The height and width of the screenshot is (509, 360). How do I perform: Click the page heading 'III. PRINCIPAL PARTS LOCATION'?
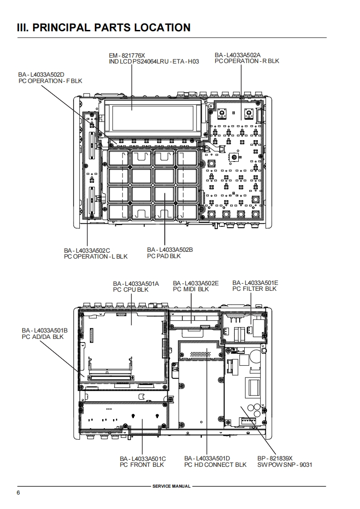coord(104,28)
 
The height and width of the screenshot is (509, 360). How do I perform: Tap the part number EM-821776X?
coord(127,55)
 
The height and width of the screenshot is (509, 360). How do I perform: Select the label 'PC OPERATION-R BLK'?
coord(247,61)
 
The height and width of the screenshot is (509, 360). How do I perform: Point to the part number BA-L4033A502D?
coord(41,75)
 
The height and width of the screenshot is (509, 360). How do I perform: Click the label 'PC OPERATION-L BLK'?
coord(96,256)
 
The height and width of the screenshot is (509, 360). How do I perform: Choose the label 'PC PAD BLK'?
coord(164,256)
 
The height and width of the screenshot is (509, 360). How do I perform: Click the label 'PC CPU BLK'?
coord(131,289)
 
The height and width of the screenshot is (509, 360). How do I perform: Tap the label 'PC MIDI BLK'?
coord(191,289)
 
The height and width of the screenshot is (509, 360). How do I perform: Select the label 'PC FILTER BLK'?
coord(254,289)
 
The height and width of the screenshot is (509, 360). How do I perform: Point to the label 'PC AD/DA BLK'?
coord(43,337)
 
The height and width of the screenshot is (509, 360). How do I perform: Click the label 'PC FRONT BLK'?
coord(142,465)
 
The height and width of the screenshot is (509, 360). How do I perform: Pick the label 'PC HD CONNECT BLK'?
coord(215,465)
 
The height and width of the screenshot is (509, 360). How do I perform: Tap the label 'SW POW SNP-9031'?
coord(285,465)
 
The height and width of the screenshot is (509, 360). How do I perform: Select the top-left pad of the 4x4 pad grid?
coord(119,158)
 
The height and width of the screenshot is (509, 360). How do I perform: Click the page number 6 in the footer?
coord(18,493)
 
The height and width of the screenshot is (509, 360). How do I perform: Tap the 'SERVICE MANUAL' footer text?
coord(171,486)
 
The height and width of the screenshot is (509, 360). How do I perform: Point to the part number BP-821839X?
coord(275,458)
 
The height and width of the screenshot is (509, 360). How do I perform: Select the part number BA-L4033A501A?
coord(136,284)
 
